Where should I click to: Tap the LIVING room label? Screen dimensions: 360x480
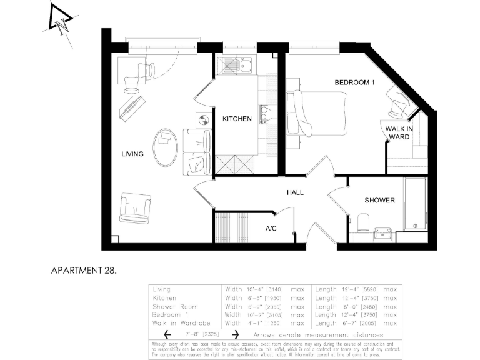[x=132, y=154]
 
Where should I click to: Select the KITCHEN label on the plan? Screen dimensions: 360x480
[x=237, y=119]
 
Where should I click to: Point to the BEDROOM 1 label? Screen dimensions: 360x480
[x=354, y=82]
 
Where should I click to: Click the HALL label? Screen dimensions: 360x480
[x=295, y=192]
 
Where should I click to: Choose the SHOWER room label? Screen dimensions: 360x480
[x=380, y=201]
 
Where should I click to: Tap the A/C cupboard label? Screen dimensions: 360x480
[x=271, y=229]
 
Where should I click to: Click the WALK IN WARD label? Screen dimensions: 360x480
[x=398, y=133]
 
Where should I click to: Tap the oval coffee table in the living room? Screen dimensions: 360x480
[x=166, y=147]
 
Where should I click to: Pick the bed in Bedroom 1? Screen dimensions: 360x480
[x=319, y=112]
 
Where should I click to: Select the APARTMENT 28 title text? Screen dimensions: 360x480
[x=83, y=271]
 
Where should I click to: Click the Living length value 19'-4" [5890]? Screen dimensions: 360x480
[x=347, y=289]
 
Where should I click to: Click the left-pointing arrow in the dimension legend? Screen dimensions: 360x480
[x=159, y=334]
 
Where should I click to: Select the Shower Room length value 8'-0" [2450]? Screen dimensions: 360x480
[x=347, y=307]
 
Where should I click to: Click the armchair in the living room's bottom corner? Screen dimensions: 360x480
[x=135, y=207]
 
